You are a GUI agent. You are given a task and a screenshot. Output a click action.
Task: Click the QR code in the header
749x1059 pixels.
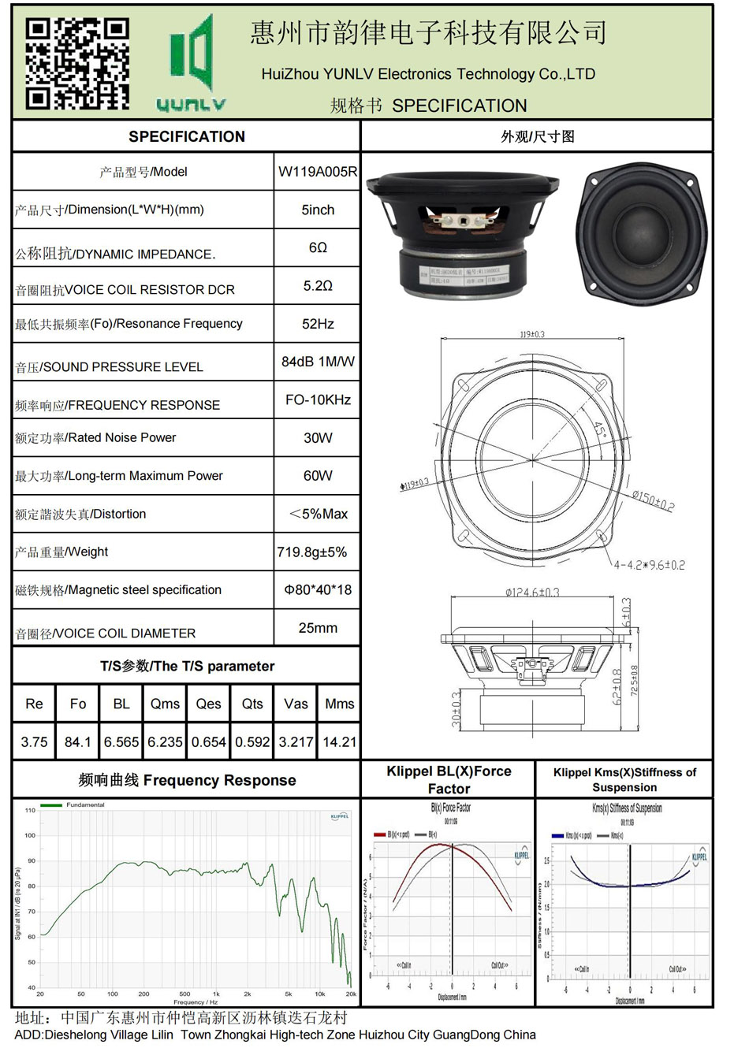[x=76, y=64]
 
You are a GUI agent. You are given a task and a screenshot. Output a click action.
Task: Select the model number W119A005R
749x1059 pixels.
[x=317, y=172]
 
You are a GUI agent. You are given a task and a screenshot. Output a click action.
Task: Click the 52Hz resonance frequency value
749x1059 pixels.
[x=317, y=324]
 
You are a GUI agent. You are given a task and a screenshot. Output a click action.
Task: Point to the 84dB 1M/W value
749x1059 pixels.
[x=317, y=362]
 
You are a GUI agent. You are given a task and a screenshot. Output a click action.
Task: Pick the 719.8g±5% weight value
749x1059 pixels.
[x=312, y=552]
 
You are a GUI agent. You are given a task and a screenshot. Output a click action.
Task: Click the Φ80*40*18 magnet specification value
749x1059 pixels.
[x=317, y=590]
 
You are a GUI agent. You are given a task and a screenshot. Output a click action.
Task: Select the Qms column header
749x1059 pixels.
[x=165, y=704]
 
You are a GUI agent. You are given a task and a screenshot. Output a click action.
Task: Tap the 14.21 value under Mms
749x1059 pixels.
[x=339, y=742]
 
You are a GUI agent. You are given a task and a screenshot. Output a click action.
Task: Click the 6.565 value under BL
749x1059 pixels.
[x=121, y=742]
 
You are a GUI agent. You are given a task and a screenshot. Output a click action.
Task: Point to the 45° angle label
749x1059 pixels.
[x=601, y=431]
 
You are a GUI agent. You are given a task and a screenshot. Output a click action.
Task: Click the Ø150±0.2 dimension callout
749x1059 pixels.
[x=653, y=500]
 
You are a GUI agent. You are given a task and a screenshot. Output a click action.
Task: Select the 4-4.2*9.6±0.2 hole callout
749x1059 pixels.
[x=649, y=565]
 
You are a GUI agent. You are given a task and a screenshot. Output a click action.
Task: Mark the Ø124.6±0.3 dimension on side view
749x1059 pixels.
[x=532, y=593]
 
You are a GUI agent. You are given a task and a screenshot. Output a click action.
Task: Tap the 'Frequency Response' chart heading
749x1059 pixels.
[x=187, y=780]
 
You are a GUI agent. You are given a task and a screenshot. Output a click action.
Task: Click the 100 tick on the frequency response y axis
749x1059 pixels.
[x=30, y=835]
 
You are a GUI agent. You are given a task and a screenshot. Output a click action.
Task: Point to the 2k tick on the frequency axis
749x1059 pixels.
[x=247, y=994]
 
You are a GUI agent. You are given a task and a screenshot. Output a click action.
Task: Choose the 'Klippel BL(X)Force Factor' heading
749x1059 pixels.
[x=449, y=780]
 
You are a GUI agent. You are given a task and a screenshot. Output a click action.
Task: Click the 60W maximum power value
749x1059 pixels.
[x=317, y=476]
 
